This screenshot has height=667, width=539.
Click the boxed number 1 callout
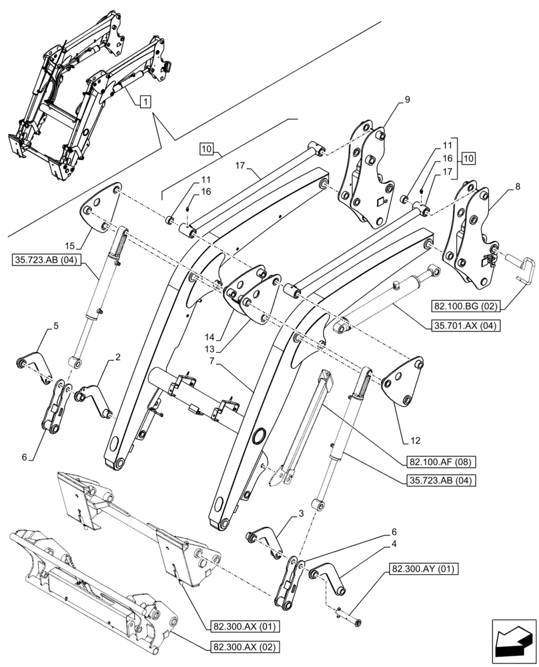145,101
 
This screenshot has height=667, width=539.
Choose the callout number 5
56,326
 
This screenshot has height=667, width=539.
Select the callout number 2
117,358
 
